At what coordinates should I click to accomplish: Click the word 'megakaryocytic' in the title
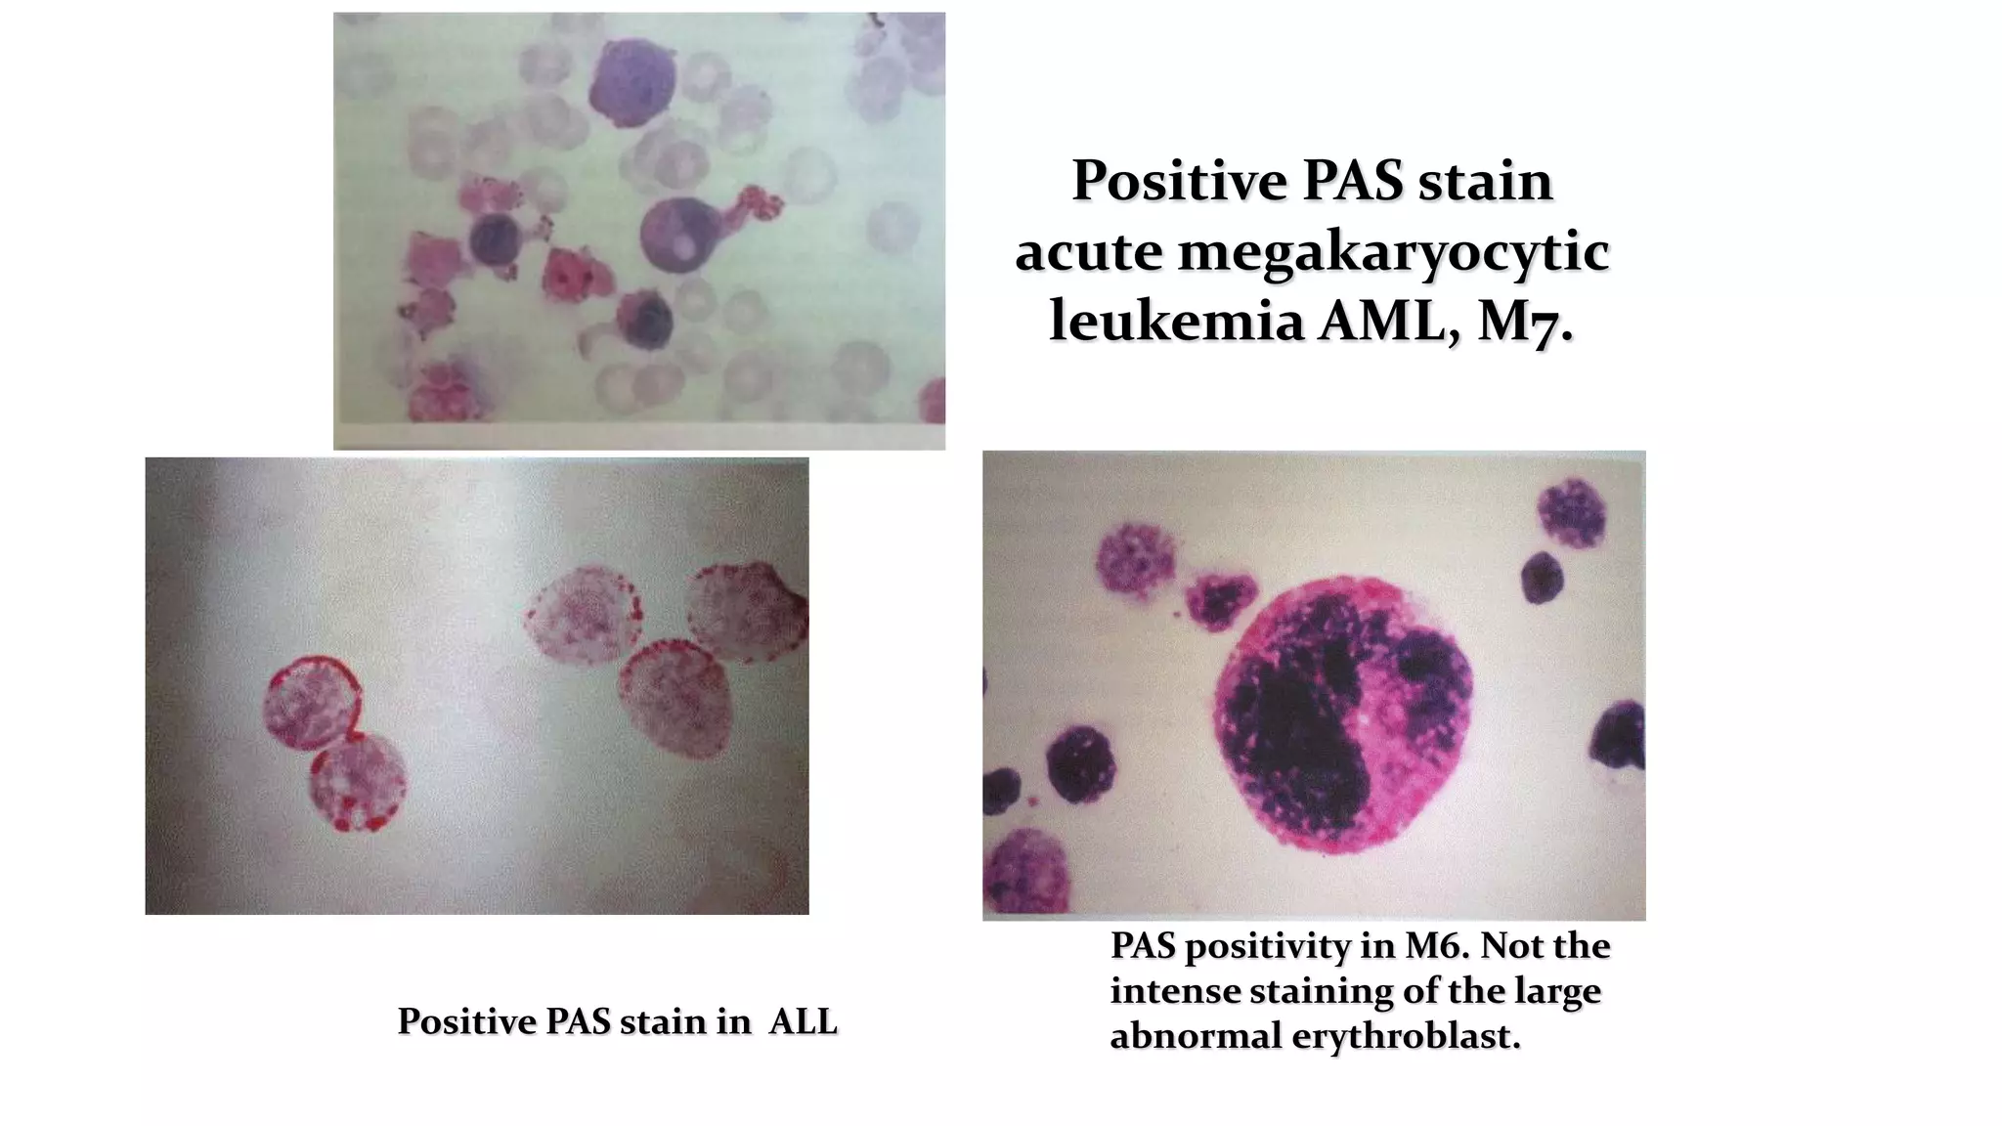point(1392,252)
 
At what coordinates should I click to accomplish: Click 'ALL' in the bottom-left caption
point(803,1021)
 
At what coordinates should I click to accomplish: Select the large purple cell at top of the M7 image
point(632,82)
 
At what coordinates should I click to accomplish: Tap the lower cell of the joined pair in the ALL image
point(358,782)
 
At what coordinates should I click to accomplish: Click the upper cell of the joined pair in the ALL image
point(311,700)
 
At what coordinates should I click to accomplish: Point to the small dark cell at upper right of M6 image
point(1543,577)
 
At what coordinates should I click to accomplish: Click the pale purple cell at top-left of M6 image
point(1136,559)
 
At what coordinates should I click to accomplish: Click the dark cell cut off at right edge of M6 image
point(1621,743)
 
